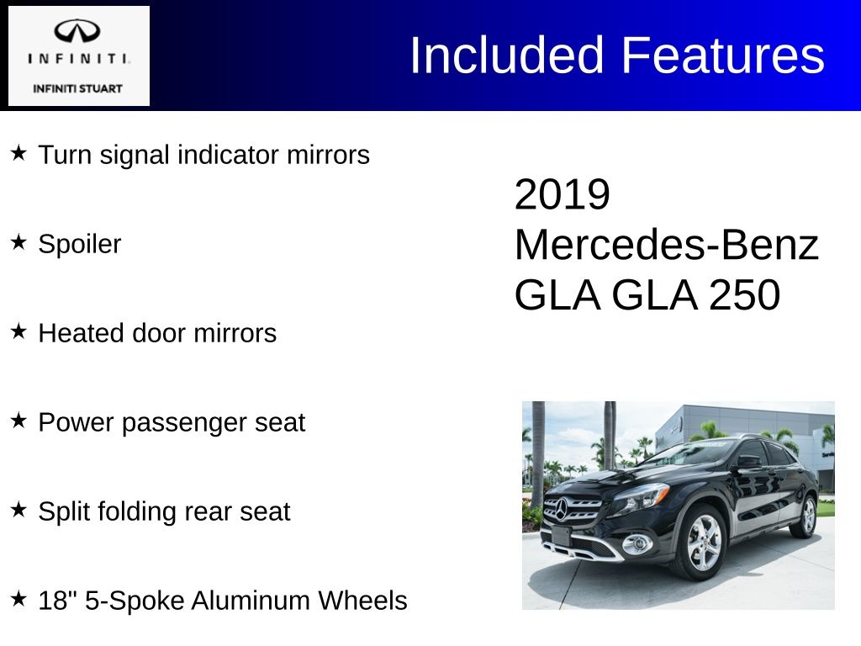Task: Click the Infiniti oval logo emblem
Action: (x=77, y=31)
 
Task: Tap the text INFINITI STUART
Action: (x=77, y=88)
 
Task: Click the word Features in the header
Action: (x=722, y=55)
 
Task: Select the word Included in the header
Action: (x=507, y=55)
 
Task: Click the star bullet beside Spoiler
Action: (x=18, y=241)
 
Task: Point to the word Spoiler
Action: (x=80, y=244)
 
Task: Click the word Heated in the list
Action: (x=82, y=333)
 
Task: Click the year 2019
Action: (x=563, y=194)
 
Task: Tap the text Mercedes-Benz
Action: (x=667, y=245)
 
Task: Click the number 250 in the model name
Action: (x=744, y=295)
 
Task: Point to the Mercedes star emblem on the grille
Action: (x=561, y=508)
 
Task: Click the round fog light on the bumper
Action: (x=637, y=544)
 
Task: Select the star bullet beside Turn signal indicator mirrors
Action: (x=18, y=153)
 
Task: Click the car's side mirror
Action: (x=749, y=462)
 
